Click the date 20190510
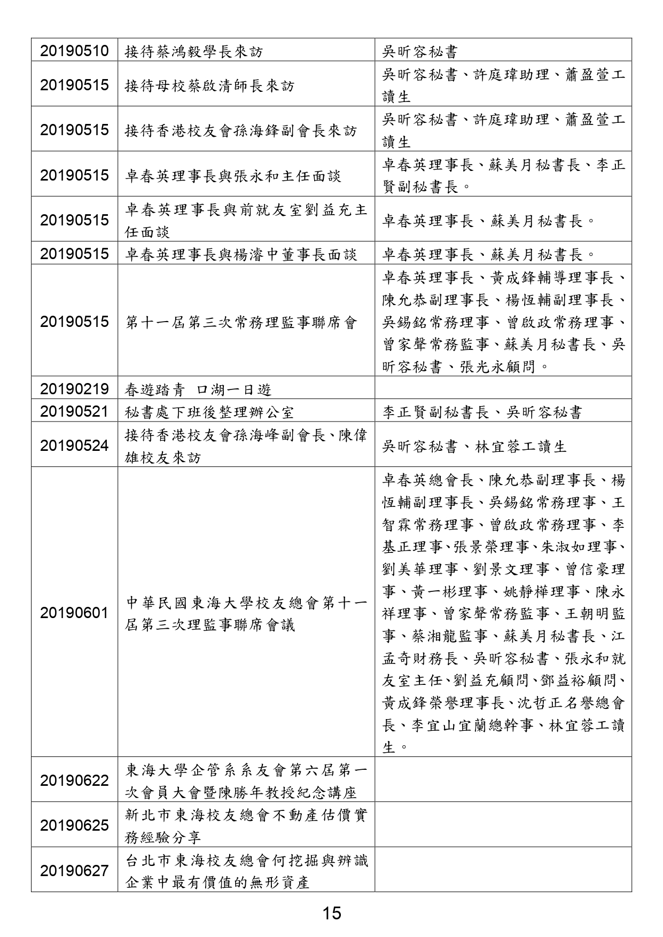click(74, 51)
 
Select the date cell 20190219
click(74, 389)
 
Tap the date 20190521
click(74, 412)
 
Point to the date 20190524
click(74, 446)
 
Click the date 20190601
click(74, 613)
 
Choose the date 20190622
click(74, 780)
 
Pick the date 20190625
click(74, 825)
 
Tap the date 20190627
click(74, 871)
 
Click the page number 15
click(331, 913)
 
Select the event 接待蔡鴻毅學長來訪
click(194, 52)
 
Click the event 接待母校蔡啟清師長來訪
click(209, 85)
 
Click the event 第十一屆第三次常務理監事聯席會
click(241, 322)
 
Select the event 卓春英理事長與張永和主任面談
click(233, 176)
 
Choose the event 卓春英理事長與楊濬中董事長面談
click(241, 254)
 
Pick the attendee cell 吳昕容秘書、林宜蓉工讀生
click(474, 446)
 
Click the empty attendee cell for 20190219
click(503, 389)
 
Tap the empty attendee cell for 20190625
click(503, 825)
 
